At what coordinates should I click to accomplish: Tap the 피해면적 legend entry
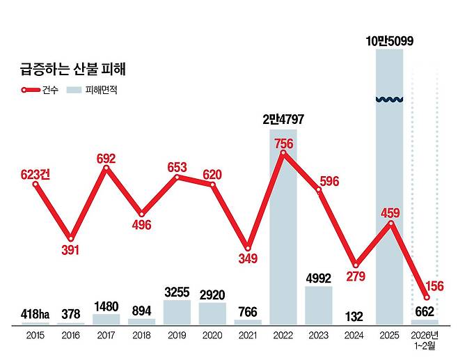pos(91,90)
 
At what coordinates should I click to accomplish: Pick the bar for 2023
pos(319,305)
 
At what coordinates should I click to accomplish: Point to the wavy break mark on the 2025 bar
pos(390,100)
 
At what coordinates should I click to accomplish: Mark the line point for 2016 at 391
pos(70,238)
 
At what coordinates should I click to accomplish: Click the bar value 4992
pos(319,278)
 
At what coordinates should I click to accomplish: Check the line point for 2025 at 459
pos(390,223)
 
